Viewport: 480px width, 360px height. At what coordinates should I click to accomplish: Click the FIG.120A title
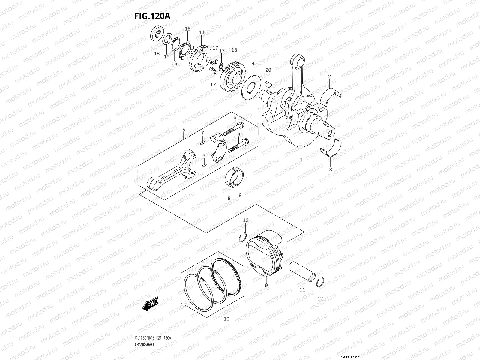tap(152, 16)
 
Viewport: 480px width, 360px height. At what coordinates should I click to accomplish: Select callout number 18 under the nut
tap(157, 54)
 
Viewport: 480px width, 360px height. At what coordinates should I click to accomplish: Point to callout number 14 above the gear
tap(202, 32)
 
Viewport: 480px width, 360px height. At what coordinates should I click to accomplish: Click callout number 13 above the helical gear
tap(234, 50)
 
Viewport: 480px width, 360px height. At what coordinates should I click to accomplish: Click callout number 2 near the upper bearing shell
tap(329, 77)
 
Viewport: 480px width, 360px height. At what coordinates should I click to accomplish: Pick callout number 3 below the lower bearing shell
tap(331, 169)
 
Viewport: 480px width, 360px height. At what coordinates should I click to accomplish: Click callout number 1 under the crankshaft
tap(301, 160)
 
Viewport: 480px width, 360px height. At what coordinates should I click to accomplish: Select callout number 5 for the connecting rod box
tap(184, 130)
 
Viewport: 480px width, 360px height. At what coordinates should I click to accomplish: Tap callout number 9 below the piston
tap(266, 285)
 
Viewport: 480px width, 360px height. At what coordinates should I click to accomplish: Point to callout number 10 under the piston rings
tap(226, 319)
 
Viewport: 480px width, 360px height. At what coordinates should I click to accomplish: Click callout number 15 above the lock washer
tap(187, 29)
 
